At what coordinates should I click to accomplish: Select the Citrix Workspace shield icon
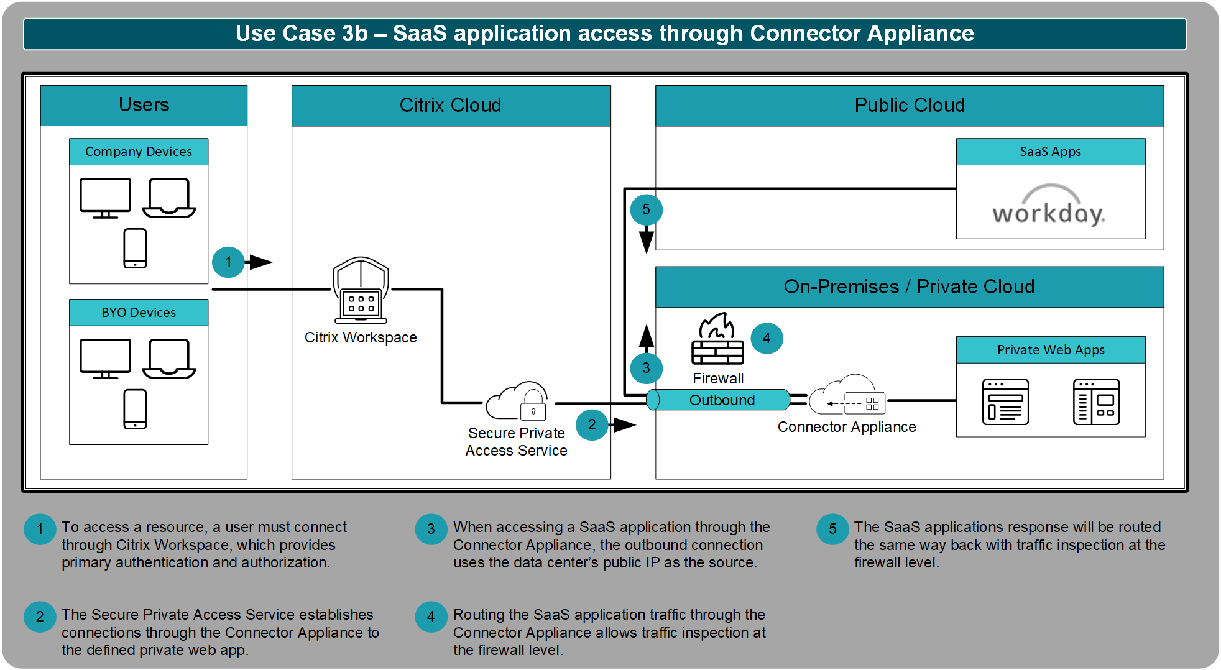361,290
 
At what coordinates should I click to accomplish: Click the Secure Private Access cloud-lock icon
517,401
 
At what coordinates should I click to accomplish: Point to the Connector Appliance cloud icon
847,395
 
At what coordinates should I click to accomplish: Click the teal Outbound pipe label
722,400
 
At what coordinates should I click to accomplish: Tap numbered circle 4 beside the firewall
767,338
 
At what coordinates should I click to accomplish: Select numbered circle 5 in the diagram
646,209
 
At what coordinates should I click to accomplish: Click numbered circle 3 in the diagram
646,368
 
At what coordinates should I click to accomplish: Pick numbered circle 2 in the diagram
592,424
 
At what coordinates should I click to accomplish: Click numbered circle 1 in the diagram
228,262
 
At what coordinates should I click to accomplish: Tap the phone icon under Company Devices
135,248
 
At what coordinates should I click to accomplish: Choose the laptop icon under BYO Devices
169,359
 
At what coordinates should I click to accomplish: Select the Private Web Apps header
1051,350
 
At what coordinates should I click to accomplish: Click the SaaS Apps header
1051,152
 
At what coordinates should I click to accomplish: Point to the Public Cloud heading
910,105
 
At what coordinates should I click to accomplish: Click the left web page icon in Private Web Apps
1005,402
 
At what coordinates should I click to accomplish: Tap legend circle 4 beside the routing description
431,617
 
